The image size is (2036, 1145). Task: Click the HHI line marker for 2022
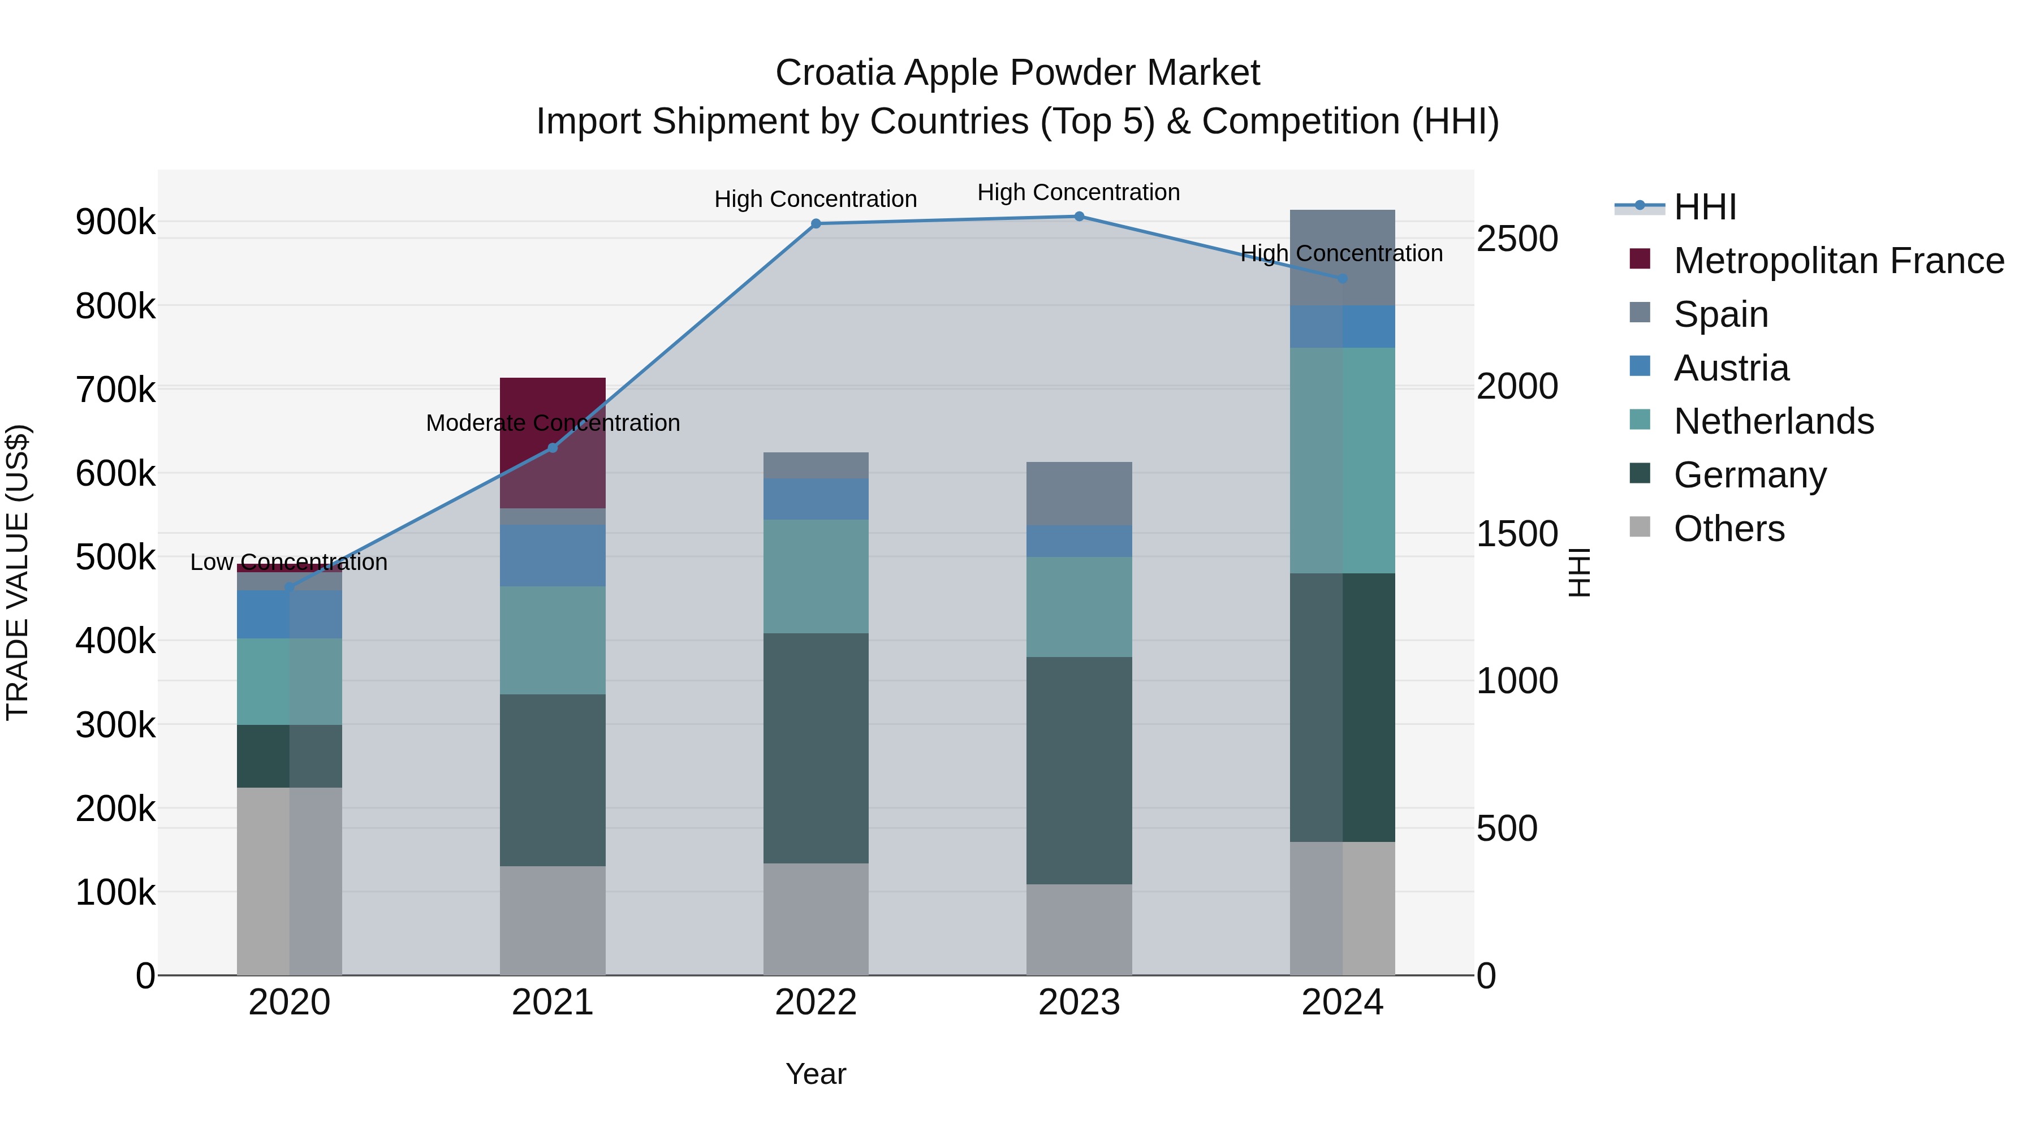point(816,223)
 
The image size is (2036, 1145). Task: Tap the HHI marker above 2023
point(1079,217)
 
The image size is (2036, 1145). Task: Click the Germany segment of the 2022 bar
point(816,748)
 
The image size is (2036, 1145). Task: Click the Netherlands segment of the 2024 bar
point(1342,460)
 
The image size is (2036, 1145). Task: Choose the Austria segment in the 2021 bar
point(553,555)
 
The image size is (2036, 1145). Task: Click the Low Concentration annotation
point(288,563)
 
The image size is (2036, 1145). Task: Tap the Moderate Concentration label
point(553,424)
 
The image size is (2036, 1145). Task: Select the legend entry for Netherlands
point(1773,421)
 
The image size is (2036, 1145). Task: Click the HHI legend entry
point(1705,207)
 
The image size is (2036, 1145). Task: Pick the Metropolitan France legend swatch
point(1640,259)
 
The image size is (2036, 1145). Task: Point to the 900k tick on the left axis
point(115,223)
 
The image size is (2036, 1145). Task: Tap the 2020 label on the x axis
point(289,1003)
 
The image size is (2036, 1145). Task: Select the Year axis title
point(816,1074)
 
